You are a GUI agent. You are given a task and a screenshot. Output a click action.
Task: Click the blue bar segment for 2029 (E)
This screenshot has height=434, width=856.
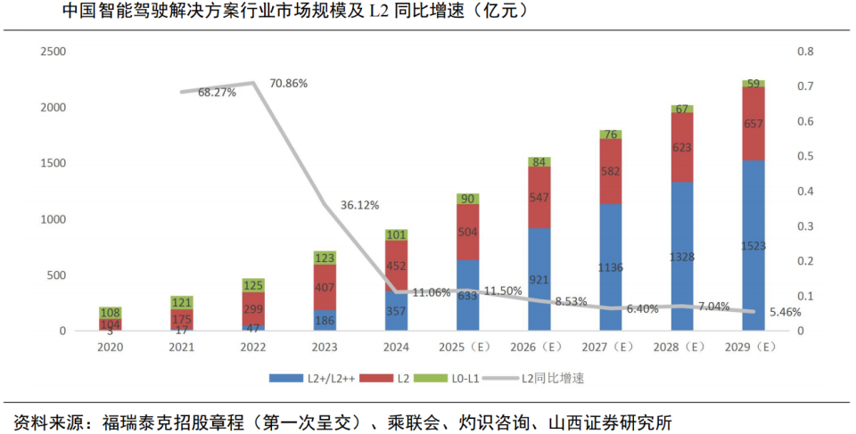click(753, 245)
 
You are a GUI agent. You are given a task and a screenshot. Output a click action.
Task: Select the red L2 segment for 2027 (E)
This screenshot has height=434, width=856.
click(611, 171)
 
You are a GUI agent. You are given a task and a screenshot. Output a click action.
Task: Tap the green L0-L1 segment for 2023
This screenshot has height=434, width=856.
click(325, 258)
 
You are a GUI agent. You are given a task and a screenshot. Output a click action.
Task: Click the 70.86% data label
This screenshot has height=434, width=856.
click(288, 84)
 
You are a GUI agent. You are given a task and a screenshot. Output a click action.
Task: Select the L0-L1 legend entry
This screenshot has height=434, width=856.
click(457, 378)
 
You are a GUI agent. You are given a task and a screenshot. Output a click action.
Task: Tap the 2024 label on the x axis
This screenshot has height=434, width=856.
click(396, 348)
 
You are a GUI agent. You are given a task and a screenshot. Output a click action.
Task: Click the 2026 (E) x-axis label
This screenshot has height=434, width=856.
click(539, 348)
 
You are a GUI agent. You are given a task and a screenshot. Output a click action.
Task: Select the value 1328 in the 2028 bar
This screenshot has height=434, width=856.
click(682, 258)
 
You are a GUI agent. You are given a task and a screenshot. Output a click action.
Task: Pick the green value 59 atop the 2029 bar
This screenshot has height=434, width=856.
click(753, 84)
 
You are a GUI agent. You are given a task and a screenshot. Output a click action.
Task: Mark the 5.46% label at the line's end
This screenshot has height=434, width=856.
click(785, 313)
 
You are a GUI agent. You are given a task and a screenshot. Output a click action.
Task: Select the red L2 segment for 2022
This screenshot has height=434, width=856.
click(253, 309)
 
